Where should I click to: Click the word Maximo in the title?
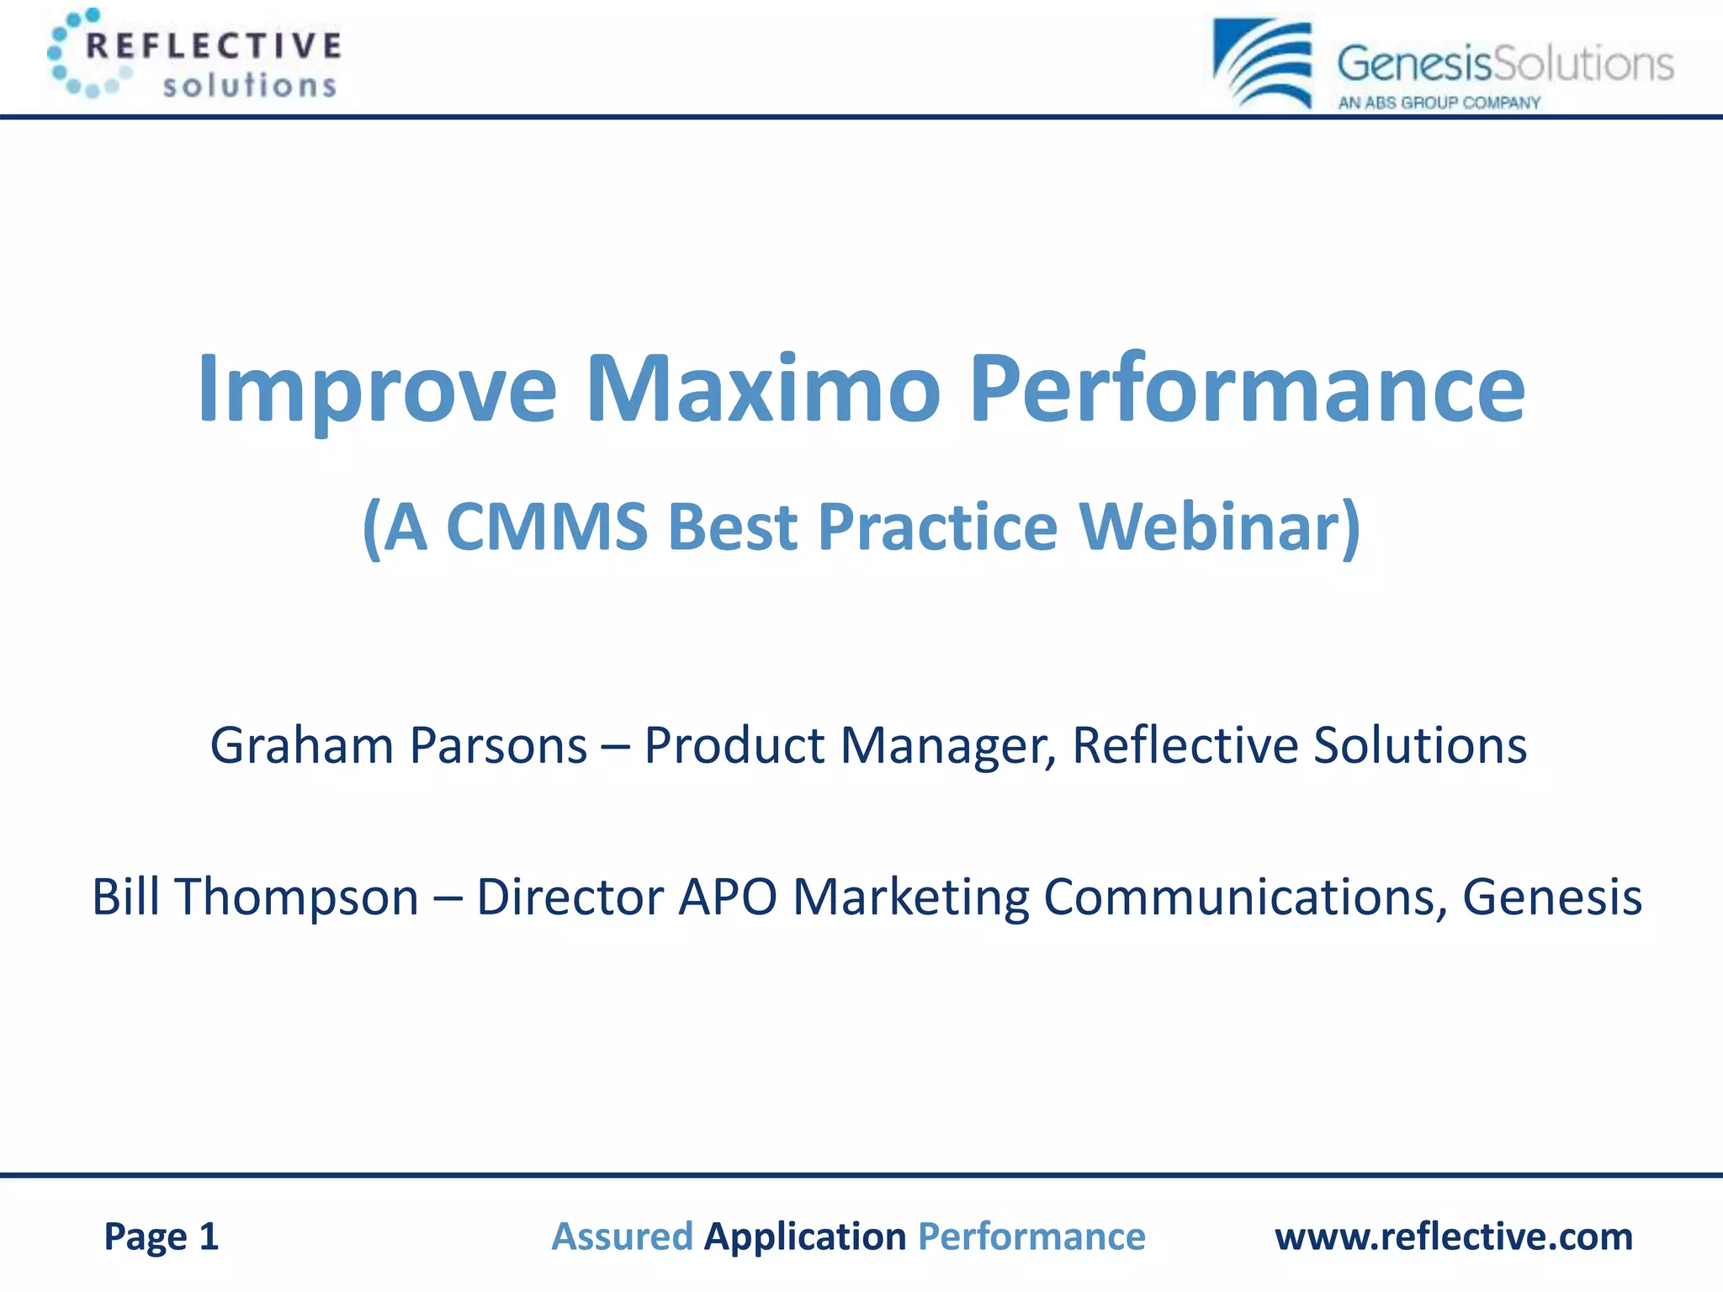762,389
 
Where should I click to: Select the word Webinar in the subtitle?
1219,527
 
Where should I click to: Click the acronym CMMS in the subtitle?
546,527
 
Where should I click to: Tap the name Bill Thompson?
255,897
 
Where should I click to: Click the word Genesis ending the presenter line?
1551,897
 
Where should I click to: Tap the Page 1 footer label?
161,1236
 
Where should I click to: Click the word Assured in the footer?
622,1236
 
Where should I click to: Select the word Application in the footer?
805,1236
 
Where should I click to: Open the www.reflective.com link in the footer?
1453,1236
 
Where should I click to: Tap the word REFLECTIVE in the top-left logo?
214,45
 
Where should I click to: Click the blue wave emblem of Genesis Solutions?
1263,63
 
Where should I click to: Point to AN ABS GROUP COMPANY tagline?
1439,103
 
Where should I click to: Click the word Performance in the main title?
1247,389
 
